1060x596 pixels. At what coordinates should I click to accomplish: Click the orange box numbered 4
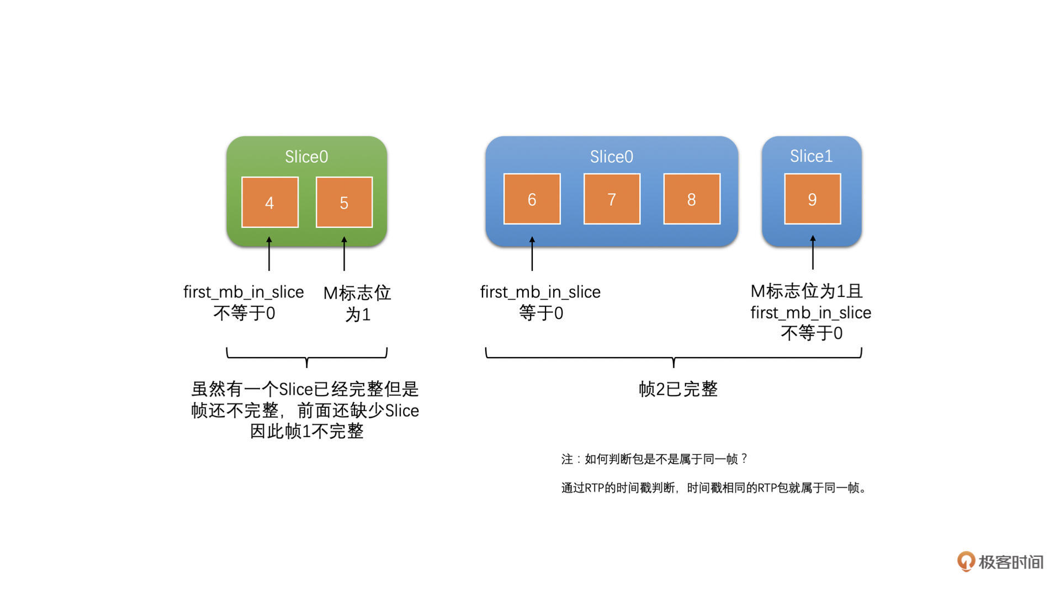270,203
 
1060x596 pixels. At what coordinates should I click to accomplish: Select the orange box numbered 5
344,203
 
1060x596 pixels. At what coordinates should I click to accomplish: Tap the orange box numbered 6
532,199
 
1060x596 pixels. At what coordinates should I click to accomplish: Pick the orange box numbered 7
612,199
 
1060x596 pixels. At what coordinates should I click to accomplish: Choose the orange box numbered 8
692,199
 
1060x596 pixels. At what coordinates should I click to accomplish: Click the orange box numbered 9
813,199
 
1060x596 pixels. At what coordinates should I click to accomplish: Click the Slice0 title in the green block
306,157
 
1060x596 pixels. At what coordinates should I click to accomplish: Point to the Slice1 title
811,156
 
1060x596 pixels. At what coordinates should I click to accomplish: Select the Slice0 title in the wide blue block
612,157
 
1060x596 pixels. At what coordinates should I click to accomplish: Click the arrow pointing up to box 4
269,253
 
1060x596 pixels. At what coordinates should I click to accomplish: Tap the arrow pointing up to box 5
344,253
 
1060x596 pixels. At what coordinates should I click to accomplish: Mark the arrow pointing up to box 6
532,253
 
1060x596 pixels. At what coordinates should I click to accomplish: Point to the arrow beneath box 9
813,252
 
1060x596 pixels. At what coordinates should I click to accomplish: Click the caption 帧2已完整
678,389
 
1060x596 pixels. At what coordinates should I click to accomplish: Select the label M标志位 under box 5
357,293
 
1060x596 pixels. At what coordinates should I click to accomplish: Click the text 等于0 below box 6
541,313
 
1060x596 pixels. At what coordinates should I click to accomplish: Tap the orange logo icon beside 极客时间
966,562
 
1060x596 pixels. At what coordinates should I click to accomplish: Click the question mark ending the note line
744,459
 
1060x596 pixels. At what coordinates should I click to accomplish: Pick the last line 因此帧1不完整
307,431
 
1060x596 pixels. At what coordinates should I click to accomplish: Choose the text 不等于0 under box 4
244,313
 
